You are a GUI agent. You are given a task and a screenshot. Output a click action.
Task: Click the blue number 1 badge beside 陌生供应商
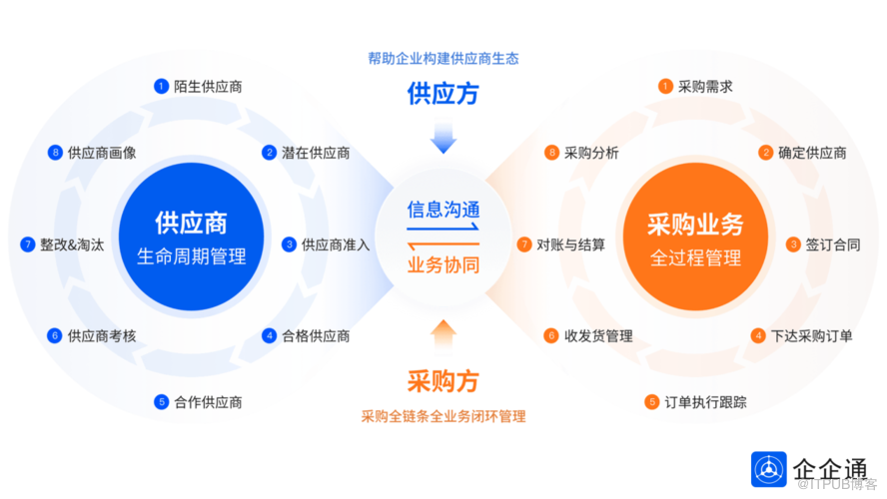[161, 87]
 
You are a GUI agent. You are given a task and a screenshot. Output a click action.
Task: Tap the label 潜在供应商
[316, 153]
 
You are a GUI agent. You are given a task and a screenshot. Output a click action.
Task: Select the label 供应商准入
[336, 245]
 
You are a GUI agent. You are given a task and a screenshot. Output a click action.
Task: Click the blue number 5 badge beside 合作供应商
[161, 402]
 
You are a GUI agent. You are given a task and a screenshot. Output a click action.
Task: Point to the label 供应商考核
[102, 335]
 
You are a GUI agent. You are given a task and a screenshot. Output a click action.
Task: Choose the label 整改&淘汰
[72, 245]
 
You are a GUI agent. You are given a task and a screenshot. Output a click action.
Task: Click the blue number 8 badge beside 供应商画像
[55, 153]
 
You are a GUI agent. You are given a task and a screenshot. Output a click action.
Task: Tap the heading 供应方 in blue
[443, 93]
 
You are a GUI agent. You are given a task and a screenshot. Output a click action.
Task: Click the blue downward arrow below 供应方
[443, 138]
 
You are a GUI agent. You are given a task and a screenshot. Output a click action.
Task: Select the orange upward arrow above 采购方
[443, 337]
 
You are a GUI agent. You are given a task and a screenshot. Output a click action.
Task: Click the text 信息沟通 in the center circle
[443, 210]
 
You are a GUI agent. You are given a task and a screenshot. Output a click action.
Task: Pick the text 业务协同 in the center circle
[443, 264]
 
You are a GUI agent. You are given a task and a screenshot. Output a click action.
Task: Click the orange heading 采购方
[443, 381]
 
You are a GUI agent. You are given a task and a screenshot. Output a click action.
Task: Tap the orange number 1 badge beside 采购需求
[665, 87]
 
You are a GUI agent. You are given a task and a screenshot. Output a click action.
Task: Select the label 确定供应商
[812, 153]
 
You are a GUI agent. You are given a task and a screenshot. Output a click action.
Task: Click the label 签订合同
[833, 245]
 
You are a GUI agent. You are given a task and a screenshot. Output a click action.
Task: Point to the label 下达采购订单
[812, 335]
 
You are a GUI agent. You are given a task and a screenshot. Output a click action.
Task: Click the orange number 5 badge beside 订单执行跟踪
[651, 402]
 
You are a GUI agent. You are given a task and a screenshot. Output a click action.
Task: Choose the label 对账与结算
[570, 245]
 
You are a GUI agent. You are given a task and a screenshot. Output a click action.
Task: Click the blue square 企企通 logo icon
[769, 469]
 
